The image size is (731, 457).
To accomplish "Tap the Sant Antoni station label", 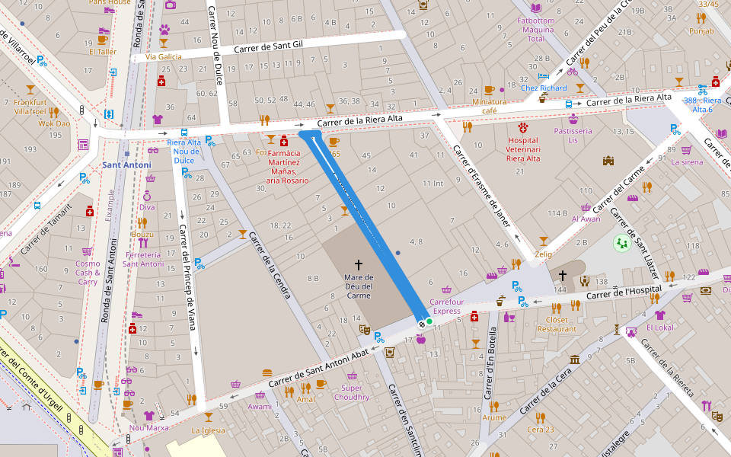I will coord(126,165).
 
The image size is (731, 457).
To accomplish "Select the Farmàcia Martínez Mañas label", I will coord(283,167).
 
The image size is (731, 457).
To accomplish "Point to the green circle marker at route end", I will coord(429,322).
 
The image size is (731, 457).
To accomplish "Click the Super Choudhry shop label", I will coord(351,392).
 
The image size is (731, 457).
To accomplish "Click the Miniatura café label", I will coord(489,105).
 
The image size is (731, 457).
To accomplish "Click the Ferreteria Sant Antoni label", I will coord(143,259).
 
